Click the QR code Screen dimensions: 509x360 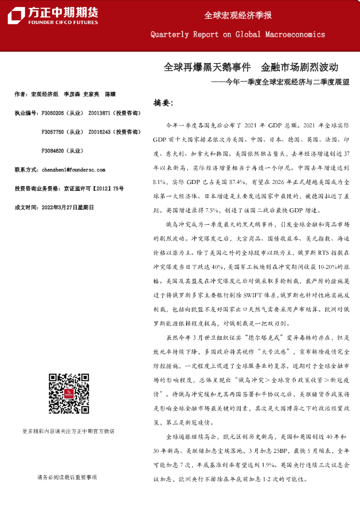click(x=69, y=393)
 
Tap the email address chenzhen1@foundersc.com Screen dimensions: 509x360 click(x=74, y=170)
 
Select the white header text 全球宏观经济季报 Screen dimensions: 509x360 click(x=238, y=15)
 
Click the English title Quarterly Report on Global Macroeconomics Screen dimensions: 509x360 click(x=238, y=35)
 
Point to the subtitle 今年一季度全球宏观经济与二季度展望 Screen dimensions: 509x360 click(x=287, y=82)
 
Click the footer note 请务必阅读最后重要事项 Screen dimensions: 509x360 click(x=67, y=477)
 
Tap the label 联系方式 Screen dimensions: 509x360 click(x=26, y=170)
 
